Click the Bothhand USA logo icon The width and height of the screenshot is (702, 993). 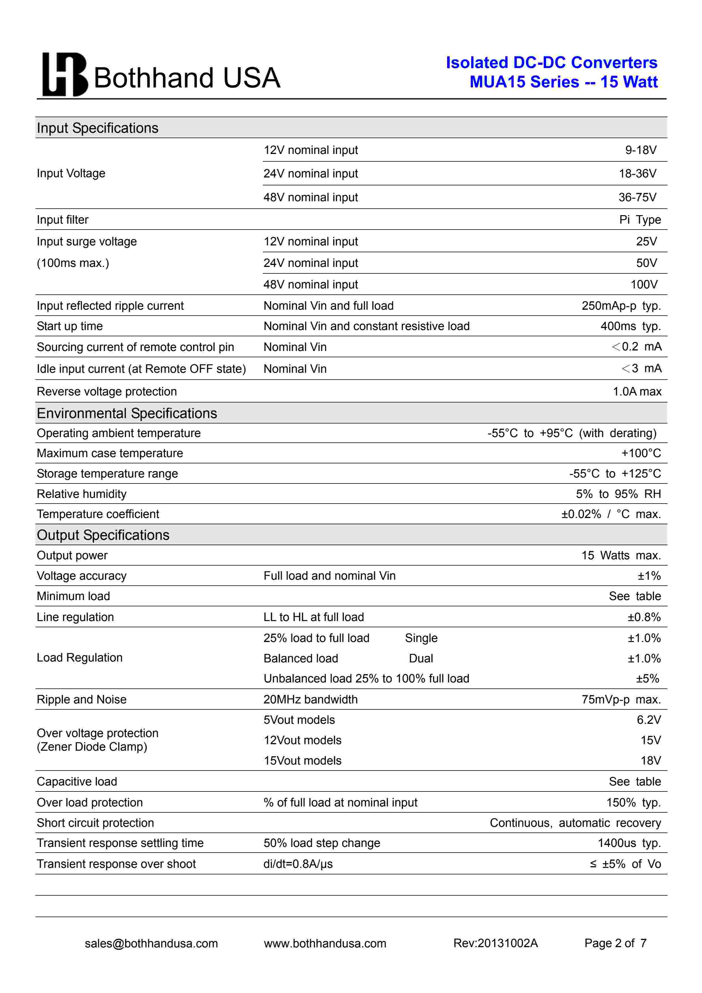pyautogui.click(x=65, y=74)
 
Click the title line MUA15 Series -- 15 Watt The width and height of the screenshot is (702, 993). pyautogui.click(x=563, y=82)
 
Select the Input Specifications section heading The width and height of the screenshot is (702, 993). pyautogui.click(x=97, y=128)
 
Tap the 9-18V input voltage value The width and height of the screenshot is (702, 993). pyautogui.click(x=641, y=150)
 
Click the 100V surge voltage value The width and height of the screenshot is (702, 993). pyautogui.click(x=644, y=284)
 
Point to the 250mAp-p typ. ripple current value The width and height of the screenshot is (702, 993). pyautogui.click(x=621, y=306)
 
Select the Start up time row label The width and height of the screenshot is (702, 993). pyautogui.click(x=70, y=326)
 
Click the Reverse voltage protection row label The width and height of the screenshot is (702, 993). pyautogui.click(x=107, y=391)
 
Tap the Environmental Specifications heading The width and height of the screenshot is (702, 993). pyautogui.click(x=127, y=414)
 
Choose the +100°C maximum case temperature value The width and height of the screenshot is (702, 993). pyautogui.click(x=641, y=453)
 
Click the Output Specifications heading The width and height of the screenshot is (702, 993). pyautogui.click(x=103, y=535)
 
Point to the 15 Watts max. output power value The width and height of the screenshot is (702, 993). pyautogui.click(x=621, y=555)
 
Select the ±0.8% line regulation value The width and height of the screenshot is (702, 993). pyautogui.click(x=644, y=617)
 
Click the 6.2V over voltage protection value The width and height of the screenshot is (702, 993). pyautogui.click(x=648, y=720)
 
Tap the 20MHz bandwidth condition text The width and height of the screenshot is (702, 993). pyautogui.click(x=311, y=699)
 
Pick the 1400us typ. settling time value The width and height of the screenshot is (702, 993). pyautogui.click(x=629, y=843)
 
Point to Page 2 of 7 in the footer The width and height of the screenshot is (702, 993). pyautogui.click(x=615, y=943)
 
